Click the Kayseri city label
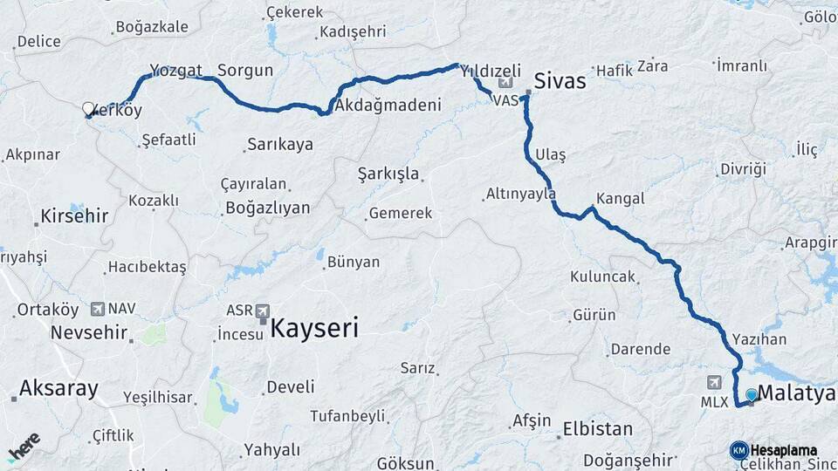313,328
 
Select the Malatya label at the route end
796,393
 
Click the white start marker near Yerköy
88,109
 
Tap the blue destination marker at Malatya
752,394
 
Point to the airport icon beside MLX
717,383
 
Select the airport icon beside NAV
97,309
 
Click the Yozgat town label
175,71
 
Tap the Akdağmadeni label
384,105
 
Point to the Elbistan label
598,429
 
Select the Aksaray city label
58,388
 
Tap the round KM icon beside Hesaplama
738,450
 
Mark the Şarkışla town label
388,173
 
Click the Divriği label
743,168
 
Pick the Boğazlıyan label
267,208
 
